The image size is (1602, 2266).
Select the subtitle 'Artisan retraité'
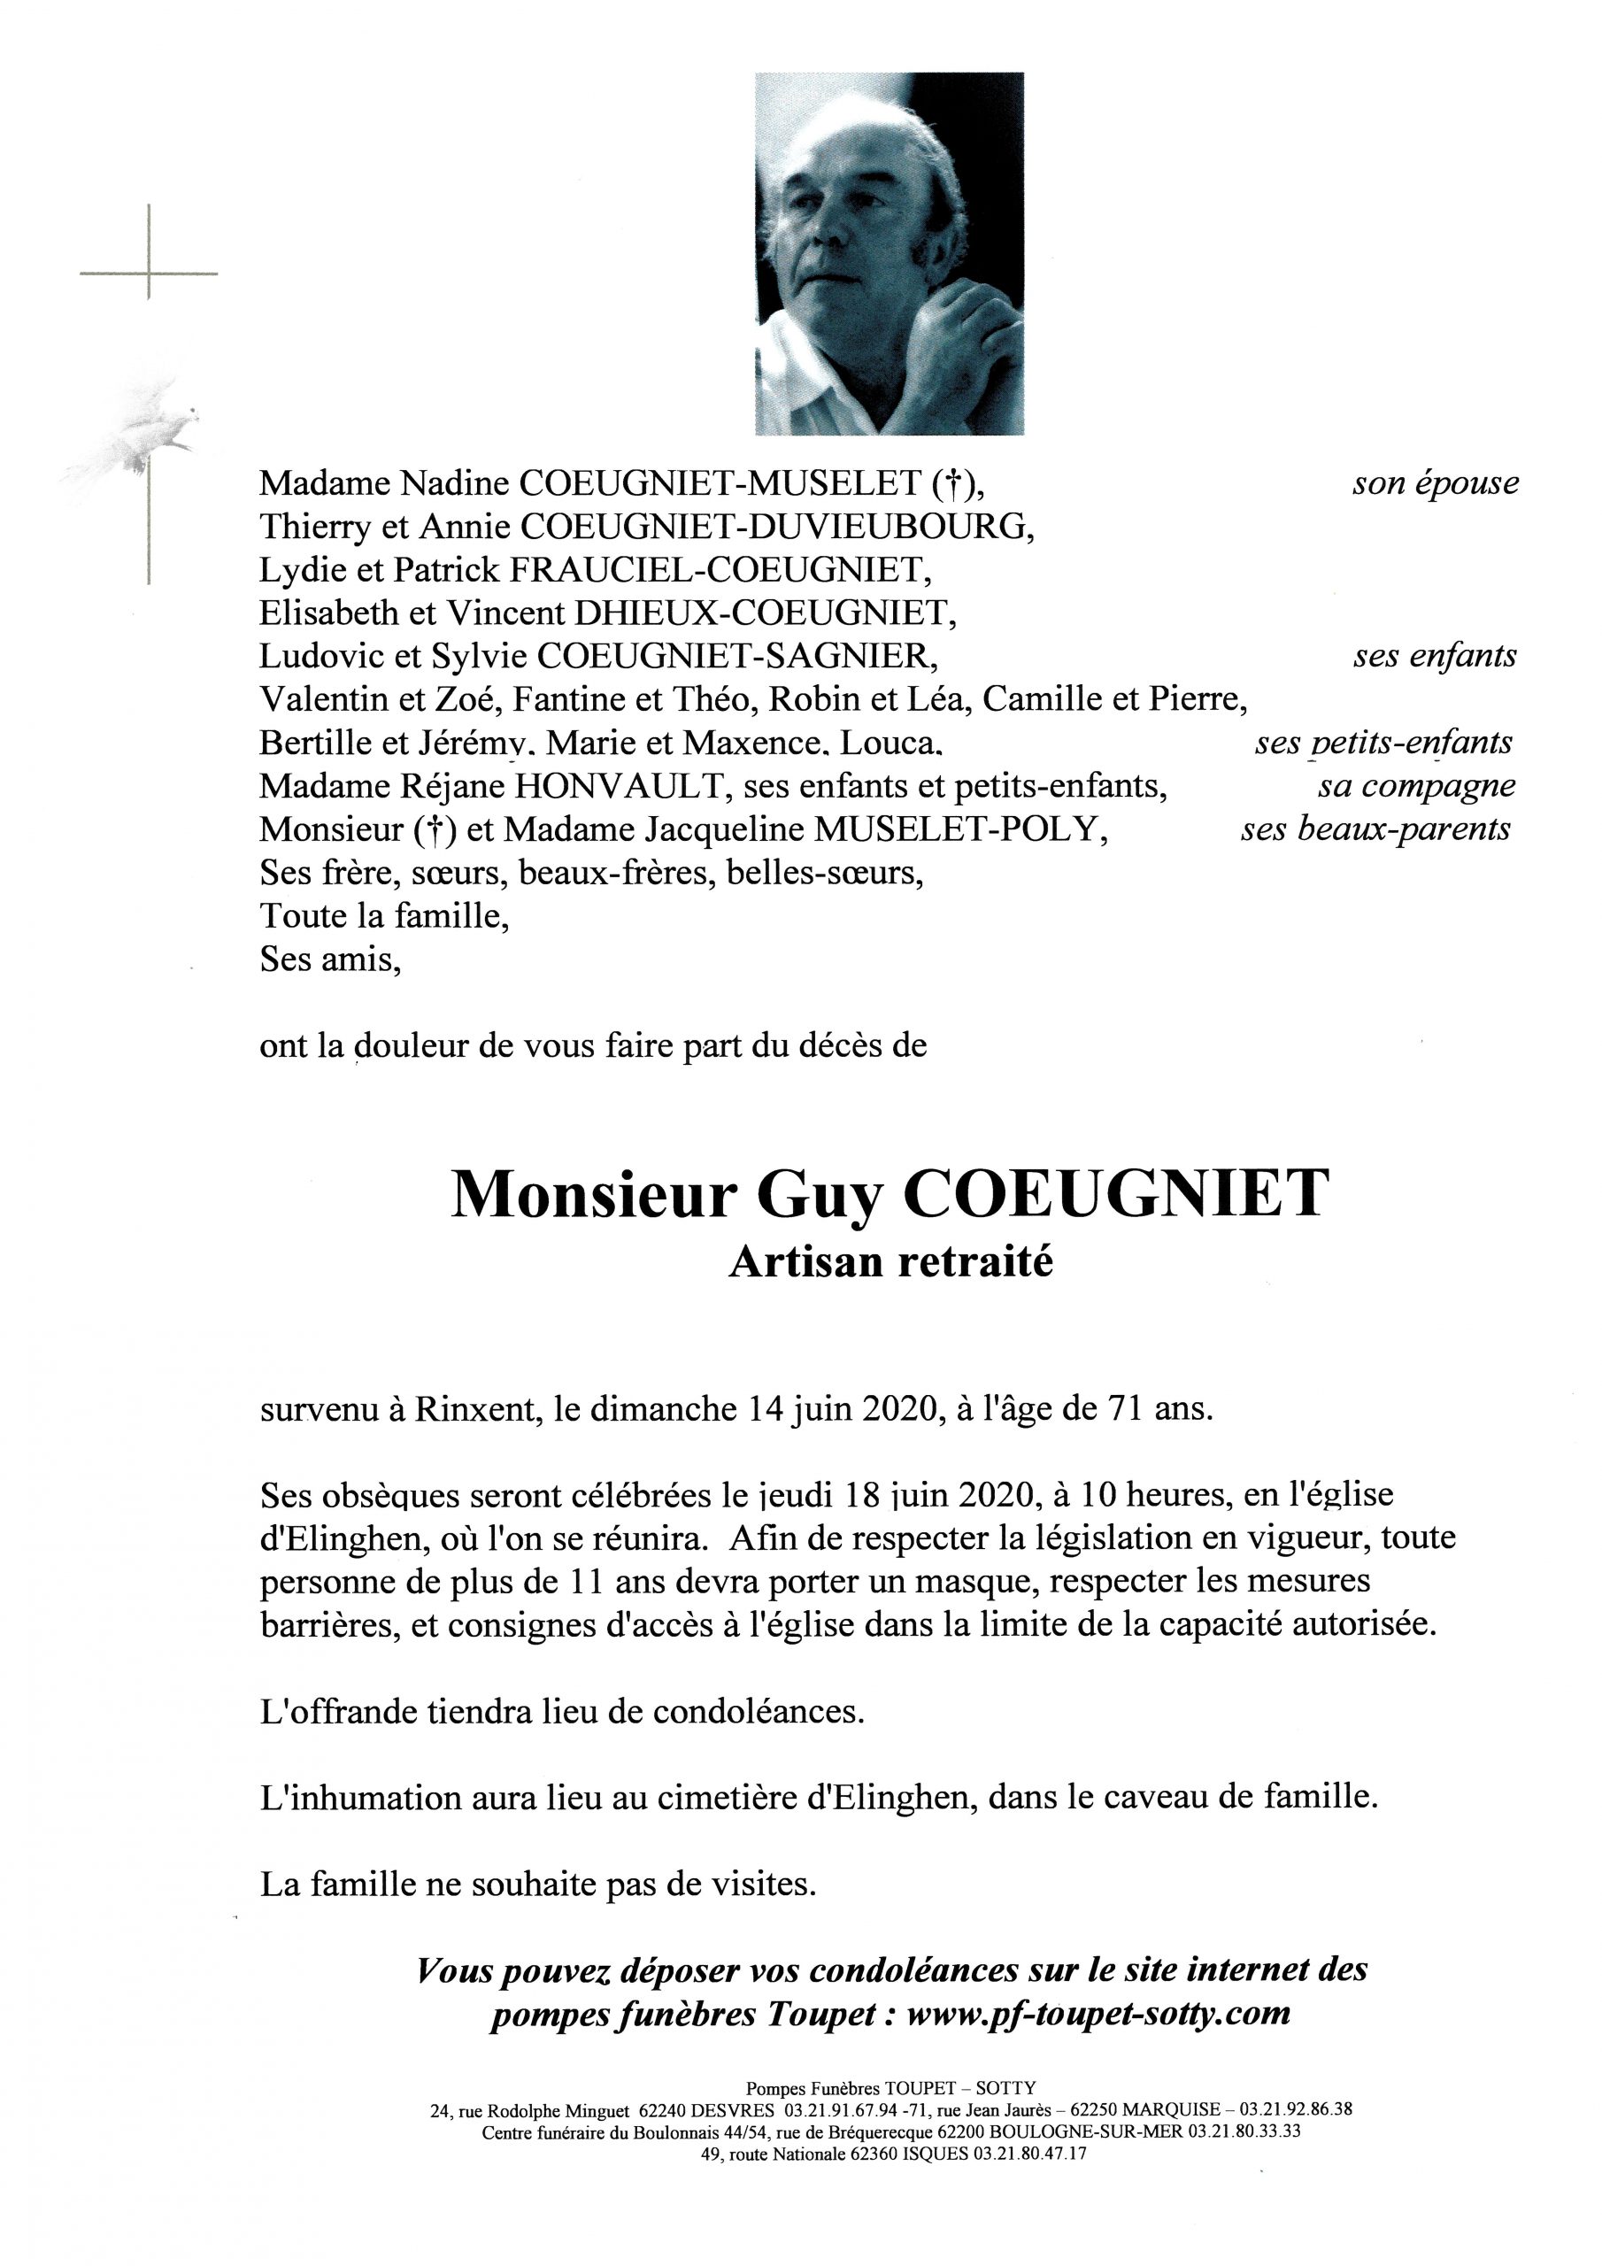coord(890,1262)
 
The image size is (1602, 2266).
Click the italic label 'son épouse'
coord(1436,483)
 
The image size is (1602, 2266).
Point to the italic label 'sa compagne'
coord(1415,787)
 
